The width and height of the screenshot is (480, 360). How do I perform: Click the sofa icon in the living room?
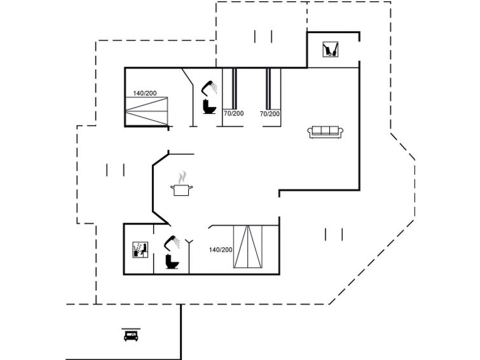[x=325, y=132]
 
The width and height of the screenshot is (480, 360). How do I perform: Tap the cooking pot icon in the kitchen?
[x=182, y=190]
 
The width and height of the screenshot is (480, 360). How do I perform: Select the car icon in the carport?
[x=131, y=336]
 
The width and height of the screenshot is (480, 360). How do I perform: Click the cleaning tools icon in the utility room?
[x=331, y=50]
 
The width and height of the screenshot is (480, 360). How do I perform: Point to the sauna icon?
[x=141, y=250]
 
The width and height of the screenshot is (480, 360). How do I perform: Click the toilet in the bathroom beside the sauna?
[x=172, y=261]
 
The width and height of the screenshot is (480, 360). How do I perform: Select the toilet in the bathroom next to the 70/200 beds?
[x=209, y=106]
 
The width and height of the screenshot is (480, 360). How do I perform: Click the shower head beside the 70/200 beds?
[x=209, y=87]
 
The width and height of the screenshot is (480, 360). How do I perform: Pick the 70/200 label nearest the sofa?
[x=270, y=114]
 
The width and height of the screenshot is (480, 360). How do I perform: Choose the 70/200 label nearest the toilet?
[x=233, y=114]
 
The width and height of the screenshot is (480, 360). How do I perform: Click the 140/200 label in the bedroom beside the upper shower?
[x=145, y=93]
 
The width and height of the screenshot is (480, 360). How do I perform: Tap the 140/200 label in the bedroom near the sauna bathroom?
[x=221, y=250]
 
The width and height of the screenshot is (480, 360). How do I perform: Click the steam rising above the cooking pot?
[x=182, y=177]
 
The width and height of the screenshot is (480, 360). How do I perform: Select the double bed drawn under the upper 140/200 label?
[x=147, y=111]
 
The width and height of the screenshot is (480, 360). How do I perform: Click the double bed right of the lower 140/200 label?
[x=248, y=247]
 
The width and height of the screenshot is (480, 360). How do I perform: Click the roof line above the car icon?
[x=131, y=329]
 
